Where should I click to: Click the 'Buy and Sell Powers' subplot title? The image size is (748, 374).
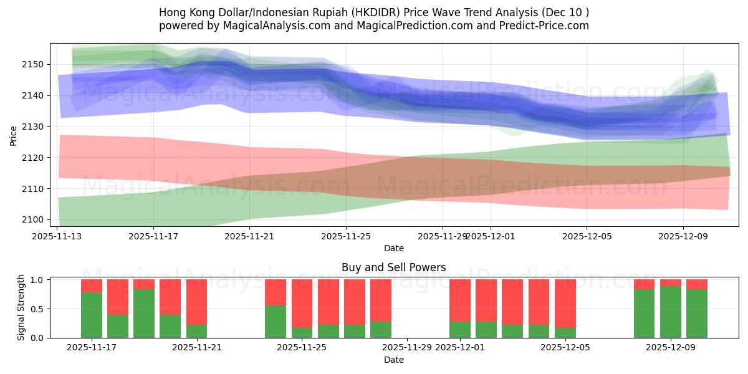[393, 267]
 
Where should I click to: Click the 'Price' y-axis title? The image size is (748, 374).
[14, 135]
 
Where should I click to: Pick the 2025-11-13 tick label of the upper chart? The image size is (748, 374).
[58, 236]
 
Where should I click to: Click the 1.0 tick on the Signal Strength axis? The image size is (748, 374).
[38, 279]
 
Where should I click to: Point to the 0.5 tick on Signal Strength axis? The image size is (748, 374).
[38, 309]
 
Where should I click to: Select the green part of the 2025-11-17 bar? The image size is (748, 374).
[92, 315]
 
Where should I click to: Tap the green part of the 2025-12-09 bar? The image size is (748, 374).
[671, 312]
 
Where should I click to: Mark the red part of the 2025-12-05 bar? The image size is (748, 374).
[565, 303]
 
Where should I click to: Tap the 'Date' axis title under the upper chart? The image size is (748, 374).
[393, 248]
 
